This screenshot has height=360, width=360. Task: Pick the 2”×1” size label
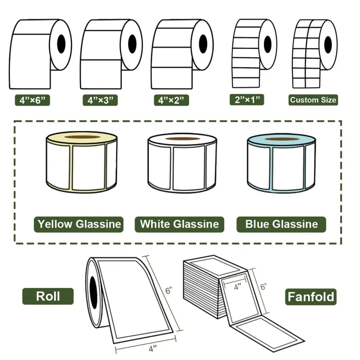tap(247, 100)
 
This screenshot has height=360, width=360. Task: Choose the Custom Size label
tap(313, 100)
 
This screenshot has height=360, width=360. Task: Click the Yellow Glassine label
tap(79, 224)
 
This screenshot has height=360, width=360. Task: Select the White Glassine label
tap(179, 224)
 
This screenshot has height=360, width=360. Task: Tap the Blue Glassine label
tap(281, 224)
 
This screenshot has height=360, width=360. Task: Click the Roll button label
tap(48, 296)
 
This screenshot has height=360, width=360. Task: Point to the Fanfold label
tap(311, 296)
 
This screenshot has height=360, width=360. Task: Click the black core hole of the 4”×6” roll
tap(61, 42)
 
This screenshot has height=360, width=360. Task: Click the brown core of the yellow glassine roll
tap(82, 137)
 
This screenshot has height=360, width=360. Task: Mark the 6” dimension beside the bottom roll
tap(169, 291)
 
